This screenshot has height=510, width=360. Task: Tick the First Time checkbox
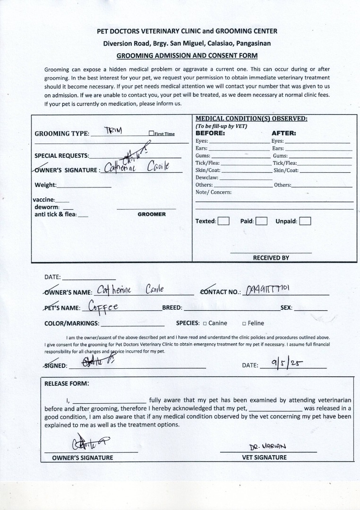151,134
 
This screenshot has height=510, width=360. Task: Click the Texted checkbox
223,221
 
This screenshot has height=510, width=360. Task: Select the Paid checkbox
261,221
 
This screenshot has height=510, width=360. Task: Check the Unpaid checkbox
305,221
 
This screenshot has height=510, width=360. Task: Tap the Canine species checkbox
205,323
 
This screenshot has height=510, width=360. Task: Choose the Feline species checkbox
244,323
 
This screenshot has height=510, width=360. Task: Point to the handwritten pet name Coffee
103,307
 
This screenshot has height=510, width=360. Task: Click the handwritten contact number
271,290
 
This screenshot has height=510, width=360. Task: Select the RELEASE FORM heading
66,383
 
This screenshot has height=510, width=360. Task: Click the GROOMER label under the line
152,214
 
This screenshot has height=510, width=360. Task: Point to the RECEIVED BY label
271,258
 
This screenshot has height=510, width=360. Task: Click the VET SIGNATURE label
264,457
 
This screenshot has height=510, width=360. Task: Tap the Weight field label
45,185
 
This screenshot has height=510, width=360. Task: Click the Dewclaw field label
207,178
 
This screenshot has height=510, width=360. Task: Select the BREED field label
172,308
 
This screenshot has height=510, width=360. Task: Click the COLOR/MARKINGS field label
72,323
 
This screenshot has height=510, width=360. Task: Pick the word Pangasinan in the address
247,43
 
